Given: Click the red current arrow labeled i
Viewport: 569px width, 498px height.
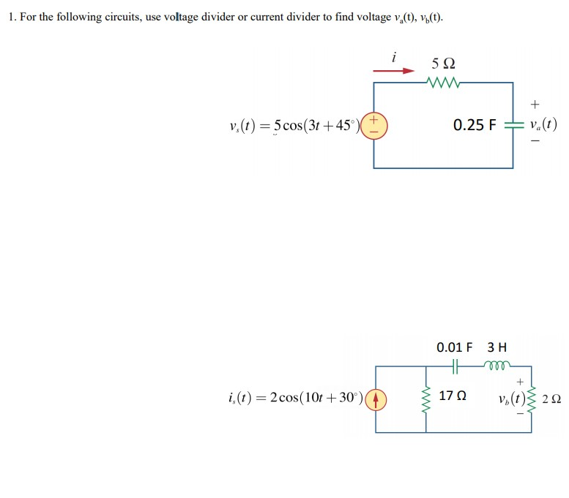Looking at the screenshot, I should click(x=393, y=71).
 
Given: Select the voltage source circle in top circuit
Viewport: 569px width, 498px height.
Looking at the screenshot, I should click(x=374, y=124).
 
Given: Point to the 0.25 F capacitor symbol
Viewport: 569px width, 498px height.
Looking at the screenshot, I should click(x=512, y=125).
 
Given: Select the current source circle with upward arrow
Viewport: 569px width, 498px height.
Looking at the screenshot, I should click(x=374, y=399).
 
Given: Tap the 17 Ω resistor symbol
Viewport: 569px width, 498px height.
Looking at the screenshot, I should click(x=426, y=399).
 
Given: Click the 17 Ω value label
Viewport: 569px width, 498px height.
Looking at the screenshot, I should click(x=452, y=396).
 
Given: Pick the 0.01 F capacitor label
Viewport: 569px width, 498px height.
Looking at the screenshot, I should click(x=454, y=347).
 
